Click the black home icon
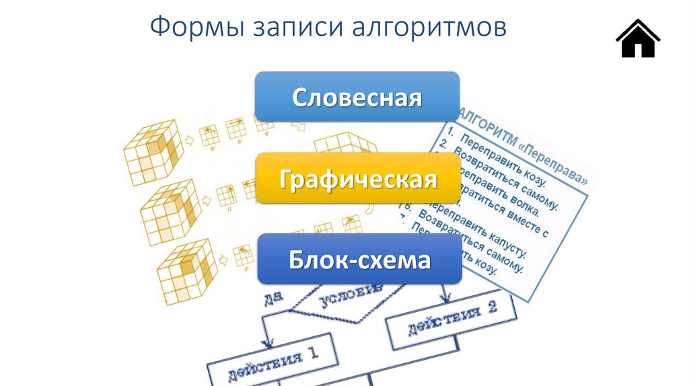coord(637,39)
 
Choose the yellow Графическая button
coord(357,179)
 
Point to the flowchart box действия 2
coord(451,318)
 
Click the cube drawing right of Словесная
coord(343,145)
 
